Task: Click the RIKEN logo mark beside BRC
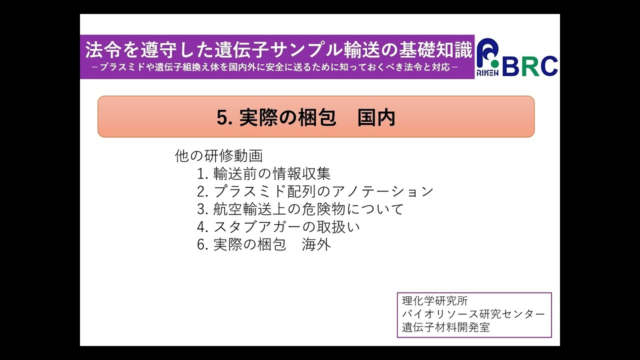click(x=487, y=58)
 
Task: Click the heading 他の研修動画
click(x=218, y=155)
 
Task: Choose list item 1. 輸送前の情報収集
click(x=263, y=173)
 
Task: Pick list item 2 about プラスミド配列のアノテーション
click(x=315, y=191)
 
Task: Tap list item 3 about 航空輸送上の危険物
click(x=300, y=209)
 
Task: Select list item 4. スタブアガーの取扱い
click(x=278, y=227)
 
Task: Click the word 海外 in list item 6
click(x=316, y=245)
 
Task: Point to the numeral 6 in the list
click(x=201, y=245)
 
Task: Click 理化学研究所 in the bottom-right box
click(x=435, y=301)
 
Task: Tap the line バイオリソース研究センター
click(x=473, y=314)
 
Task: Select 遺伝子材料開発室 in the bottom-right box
click(x=446, y=328)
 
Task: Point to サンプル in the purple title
click(x=313, y=50)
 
